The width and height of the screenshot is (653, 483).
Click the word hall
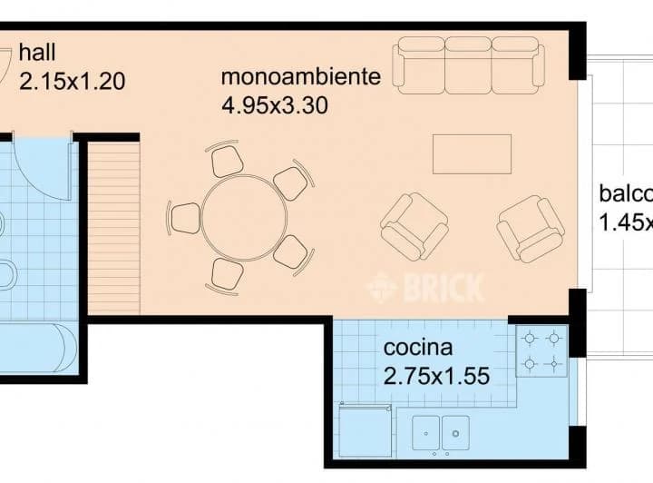coord(37,51)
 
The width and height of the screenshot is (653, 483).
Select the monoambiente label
coord(300,76)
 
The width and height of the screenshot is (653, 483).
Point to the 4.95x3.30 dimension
coord(274,104)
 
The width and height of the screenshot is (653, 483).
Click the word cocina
coord(417,347)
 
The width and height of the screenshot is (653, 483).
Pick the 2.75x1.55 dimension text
coord(437,374)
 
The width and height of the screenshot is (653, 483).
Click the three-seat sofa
coord(468,63)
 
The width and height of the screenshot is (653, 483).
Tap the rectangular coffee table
coord(472,153)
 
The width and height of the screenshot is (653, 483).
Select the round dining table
coord(244,218)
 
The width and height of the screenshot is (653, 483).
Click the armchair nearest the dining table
coord(414,225)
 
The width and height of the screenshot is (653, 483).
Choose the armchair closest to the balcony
coord(531,228)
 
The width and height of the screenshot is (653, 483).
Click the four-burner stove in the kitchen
coord(541,352)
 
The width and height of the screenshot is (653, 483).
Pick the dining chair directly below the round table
coord(226,274)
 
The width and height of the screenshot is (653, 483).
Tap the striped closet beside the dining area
coord(114,227)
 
